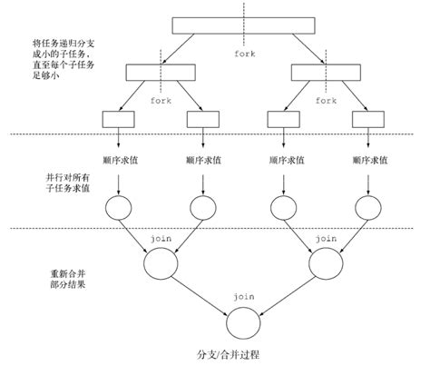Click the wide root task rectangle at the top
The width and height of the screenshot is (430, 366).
click(x=242, y=25)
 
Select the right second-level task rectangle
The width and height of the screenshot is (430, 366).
click(x=326, y=71)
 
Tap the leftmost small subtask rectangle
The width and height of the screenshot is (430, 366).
click(x=119, y=117)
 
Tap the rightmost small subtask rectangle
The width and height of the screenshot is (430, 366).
click(x=367, y=117)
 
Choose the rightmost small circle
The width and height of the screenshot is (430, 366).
click(x=367, y=207)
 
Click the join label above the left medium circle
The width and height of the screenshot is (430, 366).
click(x=161, y=235)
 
